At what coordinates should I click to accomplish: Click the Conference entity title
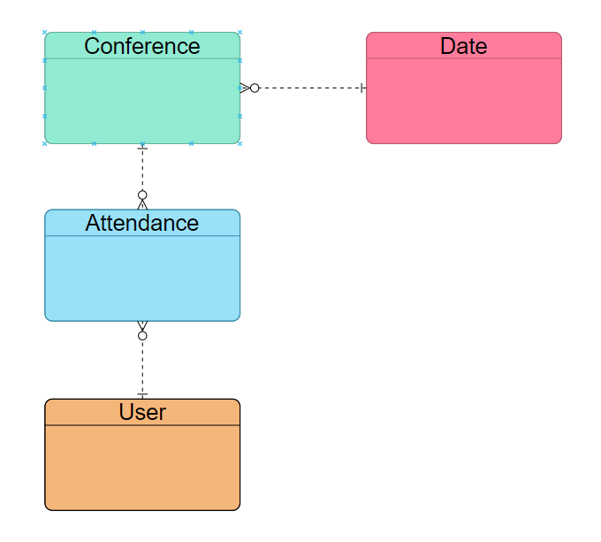(142, 46)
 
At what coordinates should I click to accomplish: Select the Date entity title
(464, 46)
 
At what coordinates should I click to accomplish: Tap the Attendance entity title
(142, 224)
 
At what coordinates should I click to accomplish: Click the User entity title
(142, 412)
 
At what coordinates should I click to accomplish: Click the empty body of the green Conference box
(142, 101)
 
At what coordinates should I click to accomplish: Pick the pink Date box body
(464, 101)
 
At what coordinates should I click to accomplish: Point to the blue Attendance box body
(142, 279)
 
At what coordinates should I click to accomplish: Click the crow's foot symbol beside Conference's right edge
(245, 88)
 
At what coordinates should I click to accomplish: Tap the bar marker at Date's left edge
(363, 88)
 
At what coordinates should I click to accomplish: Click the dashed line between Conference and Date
(309, 88)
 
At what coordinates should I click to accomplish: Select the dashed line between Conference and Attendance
(142, 172)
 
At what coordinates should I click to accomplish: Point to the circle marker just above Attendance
(142, 195)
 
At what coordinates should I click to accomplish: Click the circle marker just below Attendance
(142, 336)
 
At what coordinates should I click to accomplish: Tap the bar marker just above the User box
(142, 394)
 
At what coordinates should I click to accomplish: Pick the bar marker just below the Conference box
(142, 148)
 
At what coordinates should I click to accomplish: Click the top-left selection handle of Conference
(45, 33)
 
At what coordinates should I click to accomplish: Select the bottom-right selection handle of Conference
(240, 143)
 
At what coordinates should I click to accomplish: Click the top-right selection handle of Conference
(240, 33)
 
